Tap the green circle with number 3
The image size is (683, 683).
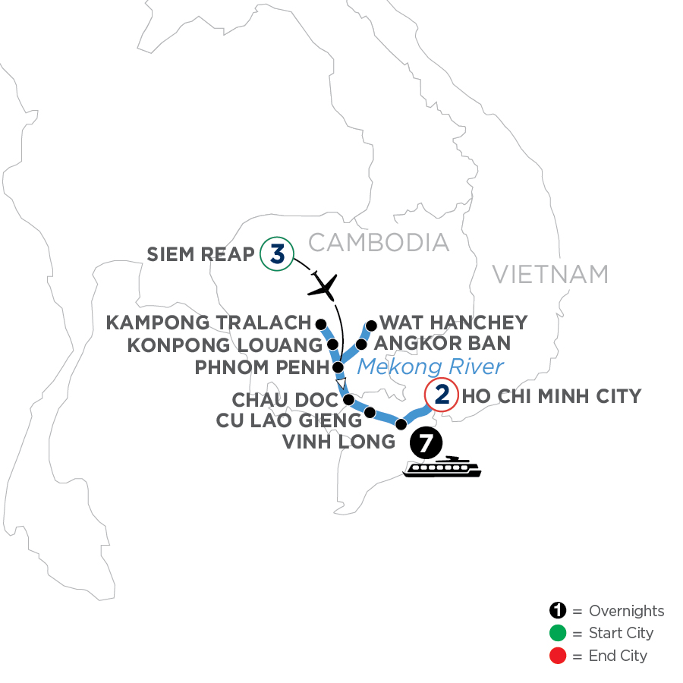click(x=276, y=254)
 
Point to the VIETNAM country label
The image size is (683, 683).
click(x=550, y=274)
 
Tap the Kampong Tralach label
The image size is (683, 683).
click(x=209, y=323)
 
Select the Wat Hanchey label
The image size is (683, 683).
click(x=452, y=323)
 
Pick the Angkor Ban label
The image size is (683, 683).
click(x=444, y=344)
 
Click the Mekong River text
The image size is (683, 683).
click(x=430, y=367)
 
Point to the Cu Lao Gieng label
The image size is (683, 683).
click(x=288, y=420)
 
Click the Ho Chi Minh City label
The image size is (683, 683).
click(x=552, y=395)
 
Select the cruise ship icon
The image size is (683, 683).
click(x=443, y=467)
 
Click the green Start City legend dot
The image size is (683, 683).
click(x=558, y=633)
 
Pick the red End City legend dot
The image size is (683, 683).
click(x=558, y=655)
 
